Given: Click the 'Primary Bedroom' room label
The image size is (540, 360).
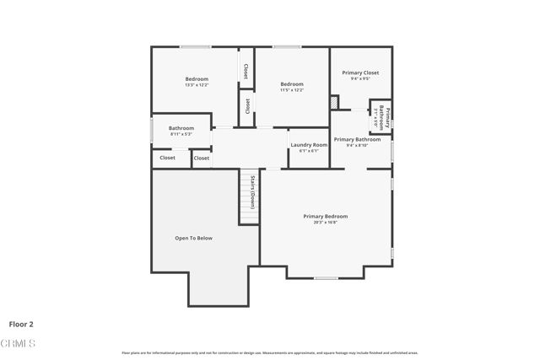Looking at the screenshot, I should pos(326,217).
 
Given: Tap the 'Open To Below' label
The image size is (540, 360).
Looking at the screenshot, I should pos(193,239).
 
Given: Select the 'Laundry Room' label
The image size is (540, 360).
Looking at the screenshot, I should pos(309,145).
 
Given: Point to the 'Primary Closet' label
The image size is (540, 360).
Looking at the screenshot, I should pos(360,73).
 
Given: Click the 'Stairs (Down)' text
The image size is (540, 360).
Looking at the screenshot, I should pos(252,192).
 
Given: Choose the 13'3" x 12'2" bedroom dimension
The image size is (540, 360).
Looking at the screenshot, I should pos(197,85).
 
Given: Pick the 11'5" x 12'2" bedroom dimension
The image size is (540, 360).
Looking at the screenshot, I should pos(292,89).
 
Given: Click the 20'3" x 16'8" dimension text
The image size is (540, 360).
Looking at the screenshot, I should pos(326,223).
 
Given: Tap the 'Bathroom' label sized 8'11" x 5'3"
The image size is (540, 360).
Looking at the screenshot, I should pos(181,128).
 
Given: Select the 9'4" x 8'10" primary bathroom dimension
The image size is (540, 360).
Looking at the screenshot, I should pos(357,145).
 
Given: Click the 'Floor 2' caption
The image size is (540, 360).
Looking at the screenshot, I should pos(21,323).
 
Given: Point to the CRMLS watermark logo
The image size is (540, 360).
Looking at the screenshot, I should pos(19,343).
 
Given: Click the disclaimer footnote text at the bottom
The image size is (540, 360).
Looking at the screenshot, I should pos(270,352).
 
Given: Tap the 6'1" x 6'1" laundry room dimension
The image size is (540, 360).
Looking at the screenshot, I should pos(309,151).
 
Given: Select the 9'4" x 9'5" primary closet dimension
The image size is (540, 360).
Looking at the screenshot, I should pos(360,79).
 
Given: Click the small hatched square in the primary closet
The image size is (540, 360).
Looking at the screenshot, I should pos(335,102).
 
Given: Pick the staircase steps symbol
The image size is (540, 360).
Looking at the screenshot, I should pos(248,211).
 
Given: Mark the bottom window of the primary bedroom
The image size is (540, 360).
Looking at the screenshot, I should pos(326,278).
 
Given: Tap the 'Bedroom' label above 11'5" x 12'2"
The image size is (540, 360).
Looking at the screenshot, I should pos(292,83).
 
